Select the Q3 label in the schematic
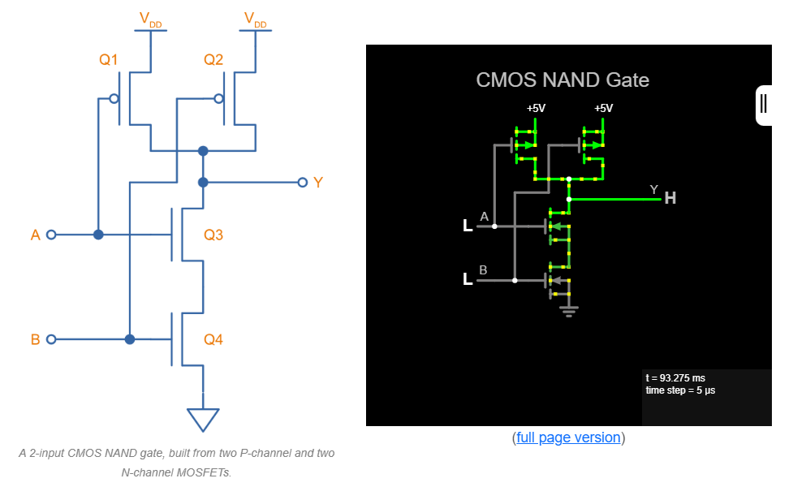[x=213, y=235]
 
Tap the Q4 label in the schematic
[x=213, y=339]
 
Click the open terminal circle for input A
[x=51, y=235]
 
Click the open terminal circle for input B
[x=51, y=339]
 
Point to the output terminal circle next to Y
[x=302, y=183]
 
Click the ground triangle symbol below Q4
[x=203, y=419]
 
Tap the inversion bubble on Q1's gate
[x=114, y=99]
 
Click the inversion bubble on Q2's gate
[x=218, y=99]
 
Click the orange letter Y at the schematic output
[x=317, y=183]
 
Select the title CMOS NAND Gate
[x=562, y=80]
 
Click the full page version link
[x=569, y=437]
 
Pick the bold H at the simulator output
[x=670, y=197]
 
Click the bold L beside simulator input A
[x=468, y=226]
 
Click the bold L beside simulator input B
[x=468, y=280]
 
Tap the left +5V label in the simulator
[x=536, y=108]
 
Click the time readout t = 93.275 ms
[x=675, y=378]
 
